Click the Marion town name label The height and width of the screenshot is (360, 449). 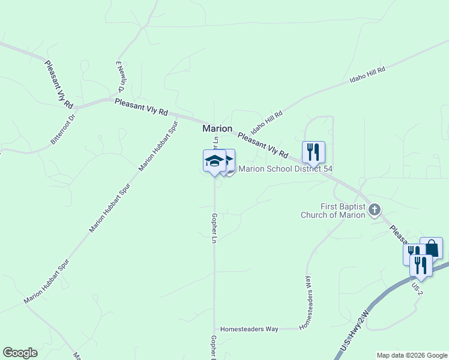(x=217, y=128)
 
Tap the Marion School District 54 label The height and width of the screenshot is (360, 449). (x=285, y=169)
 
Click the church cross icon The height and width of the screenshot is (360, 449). (x=375, y=209)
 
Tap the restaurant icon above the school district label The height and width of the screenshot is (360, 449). (x=313, y=151)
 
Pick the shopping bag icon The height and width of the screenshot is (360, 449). (x=431, y=247)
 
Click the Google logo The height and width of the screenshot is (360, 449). (x=20, y=353)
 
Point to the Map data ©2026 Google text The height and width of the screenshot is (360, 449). (x=411, y=355)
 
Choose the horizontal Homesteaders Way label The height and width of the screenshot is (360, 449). (x=249, y=329)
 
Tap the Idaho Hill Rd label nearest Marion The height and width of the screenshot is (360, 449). (x=267, y=122)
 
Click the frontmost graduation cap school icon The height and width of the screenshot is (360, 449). (x=214, y=160)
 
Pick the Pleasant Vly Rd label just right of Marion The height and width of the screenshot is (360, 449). (x=263, y=145)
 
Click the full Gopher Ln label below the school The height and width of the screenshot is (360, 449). (x=214, y=228)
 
